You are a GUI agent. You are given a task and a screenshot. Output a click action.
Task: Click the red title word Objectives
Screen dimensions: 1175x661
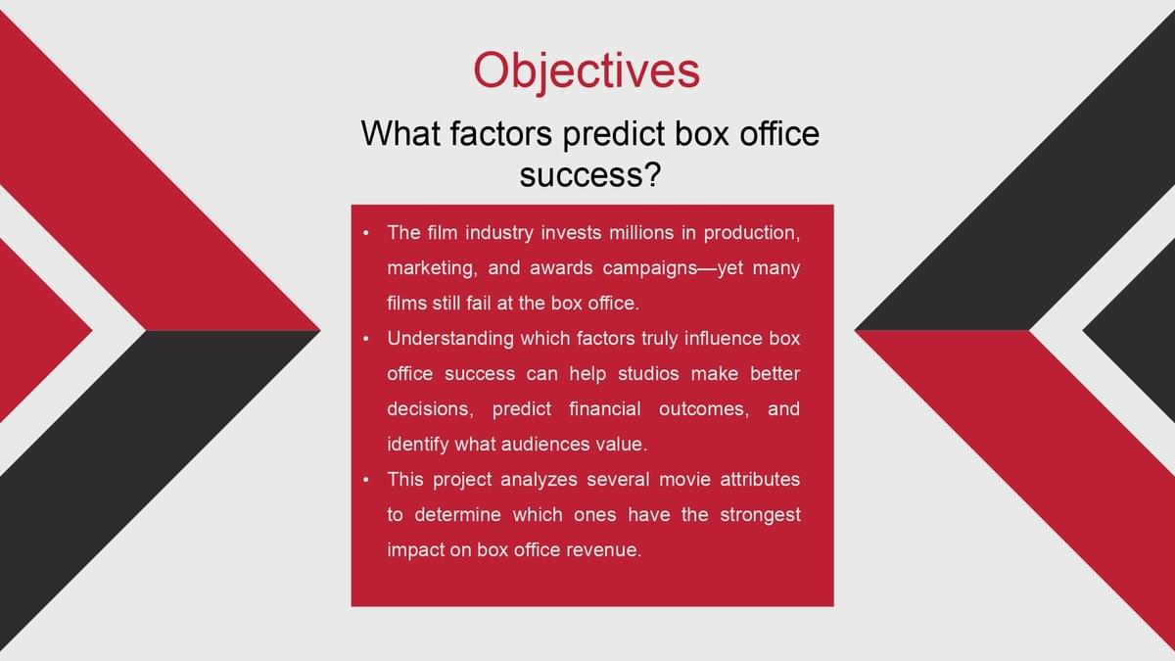click(x=587, y=71)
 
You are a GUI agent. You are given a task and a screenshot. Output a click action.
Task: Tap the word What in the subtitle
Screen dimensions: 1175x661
click(x=400, y=133)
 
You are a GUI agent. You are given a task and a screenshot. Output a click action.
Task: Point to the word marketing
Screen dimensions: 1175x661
click(x=432, y=268)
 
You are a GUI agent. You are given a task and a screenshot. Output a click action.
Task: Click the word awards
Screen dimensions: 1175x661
click(x=561, y=268)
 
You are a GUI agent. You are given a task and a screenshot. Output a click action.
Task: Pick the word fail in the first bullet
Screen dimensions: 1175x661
click(x=481, y=304)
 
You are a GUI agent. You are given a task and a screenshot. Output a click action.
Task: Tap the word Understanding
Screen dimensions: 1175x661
click(x=450, y=339)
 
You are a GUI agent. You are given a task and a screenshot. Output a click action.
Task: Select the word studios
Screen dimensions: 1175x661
click(x=648, y=373)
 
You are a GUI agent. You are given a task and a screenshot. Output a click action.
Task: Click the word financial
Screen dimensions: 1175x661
click(x=605, y=408)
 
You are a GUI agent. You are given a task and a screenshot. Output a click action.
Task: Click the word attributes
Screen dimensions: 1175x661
click(x=760, y=480)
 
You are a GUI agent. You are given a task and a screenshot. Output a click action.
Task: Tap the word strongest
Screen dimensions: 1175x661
click(x=760, y=515)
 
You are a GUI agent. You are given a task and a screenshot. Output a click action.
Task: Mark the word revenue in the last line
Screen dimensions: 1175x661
click(x=608, y=549)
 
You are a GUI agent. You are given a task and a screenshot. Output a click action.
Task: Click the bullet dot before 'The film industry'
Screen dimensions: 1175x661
click(x=365, y=233)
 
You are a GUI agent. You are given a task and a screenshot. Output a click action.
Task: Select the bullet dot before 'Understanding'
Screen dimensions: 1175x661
click(x=365, y=339)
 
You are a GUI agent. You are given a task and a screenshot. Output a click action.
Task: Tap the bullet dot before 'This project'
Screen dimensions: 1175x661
click(x=365, y=480)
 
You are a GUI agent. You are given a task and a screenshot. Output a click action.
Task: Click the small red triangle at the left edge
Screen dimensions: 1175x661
click(x=31, y=331)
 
